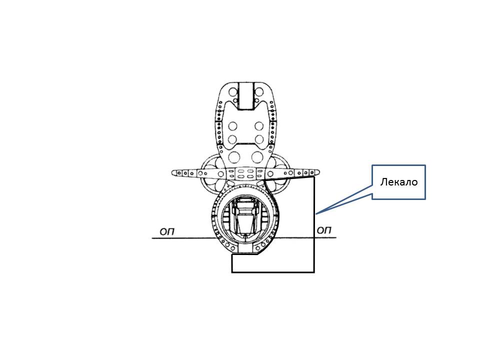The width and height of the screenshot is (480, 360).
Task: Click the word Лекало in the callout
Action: click(x=399, y=182)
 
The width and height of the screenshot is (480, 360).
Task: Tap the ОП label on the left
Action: click(x=167, y=231)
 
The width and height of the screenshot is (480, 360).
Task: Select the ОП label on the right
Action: click(x=324, y=230)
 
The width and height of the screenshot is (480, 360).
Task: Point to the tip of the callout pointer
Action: click(x=316, y=213)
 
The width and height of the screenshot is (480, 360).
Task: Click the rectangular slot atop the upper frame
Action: click(x=246, y=96)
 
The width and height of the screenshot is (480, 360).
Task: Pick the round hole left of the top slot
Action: click(x=233, y=92)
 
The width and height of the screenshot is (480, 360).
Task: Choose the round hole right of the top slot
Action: click(x=259, y=92)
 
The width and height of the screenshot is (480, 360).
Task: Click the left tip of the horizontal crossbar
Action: click(x=171, y=173)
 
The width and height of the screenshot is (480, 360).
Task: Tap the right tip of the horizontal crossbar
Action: click(x=319, y=172)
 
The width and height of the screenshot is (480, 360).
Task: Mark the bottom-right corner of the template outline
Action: click(x=314, y=272)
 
